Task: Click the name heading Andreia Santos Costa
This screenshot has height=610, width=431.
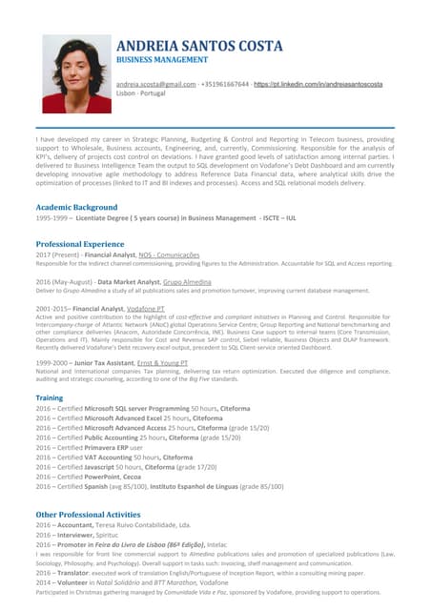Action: click(x=199, y=46)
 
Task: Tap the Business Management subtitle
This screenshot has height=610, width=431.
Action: click(x=161, y=59)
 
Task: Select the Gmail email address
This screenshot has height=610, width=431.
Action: click(x=155, y=85)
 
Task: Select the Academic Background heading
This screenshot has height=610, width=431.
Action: click(x=76, y=207)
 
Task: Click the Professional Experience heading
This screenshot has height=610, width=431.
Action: click(x=84, y=245)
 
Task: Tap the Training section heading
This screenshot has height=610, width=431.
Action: click(x=50, y=397)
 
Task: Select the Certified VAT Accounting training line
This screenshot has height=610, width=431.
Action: click(x=114, y=457)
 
